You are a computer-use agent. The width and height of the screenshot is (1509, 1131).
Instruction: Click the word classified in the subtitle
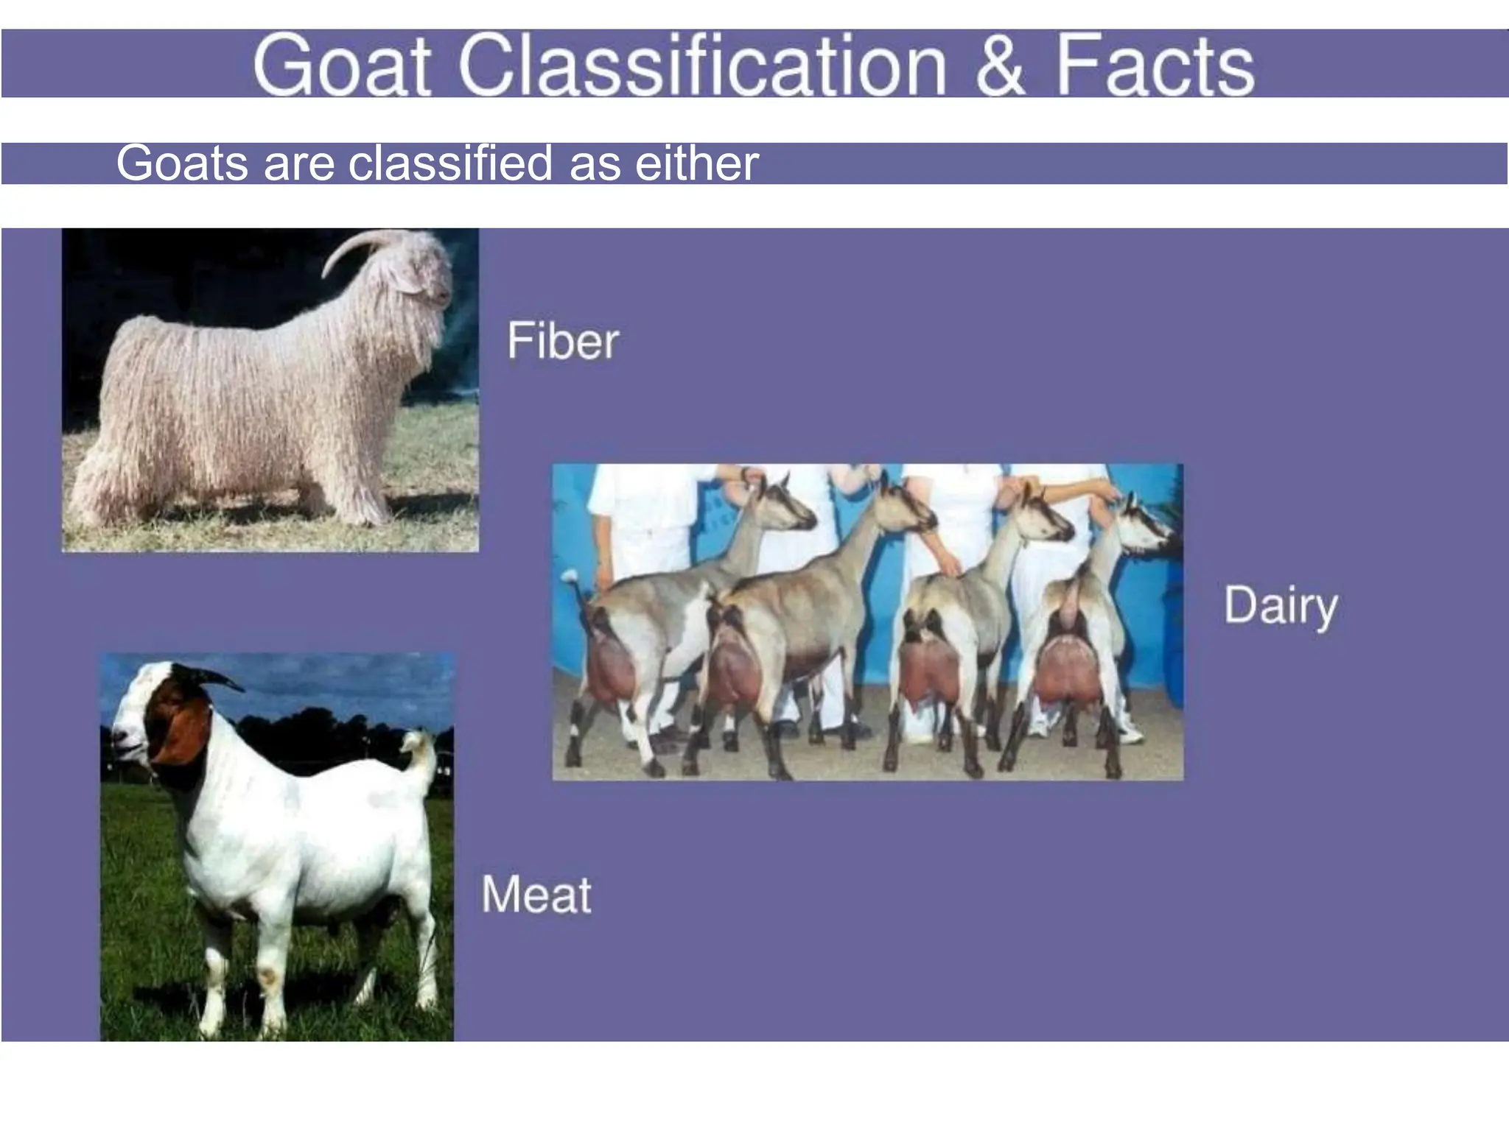click(x=450, y=163)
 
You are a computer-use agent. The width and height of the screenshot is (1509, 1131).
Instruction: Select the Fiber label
click(x=563, y=341)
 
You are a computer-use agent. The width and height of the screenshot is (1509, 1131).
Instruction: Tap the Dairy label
click(x=1281, y=606)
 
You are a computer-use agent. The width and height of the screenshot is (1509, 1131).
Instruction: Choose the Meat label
click(x=536, y=895)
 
